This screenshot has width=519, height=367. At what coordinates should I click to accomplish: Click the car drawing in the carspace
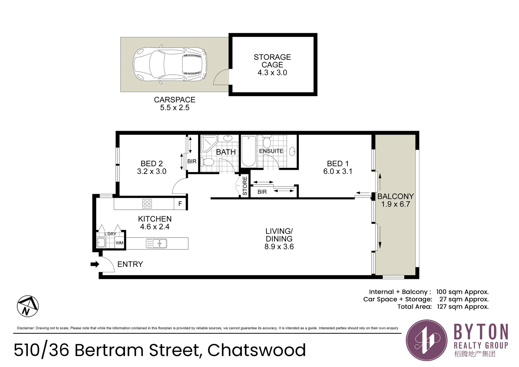[x=170, y=64]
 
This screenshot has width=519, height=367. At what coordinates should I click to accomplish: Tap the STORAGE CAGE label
[x=272, y=61]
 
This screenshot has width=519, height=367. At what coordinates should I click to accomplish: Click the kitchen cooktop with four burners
[x=147, y=204]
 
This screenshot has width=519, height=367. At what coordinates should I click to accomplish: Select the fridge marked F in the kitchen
[x=180, y=204]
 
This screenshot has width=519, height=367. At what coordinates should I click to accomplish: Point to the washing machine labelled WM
[x=119, y=243]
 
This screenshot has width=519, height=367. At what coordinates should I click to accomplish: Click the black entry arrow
[x=95, y=264]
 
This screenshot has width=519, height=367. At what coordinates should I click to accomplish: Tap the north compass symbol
[x=28, y=306]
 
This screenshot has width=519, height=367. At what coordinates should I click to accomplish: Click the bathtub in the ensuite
[x=249, y=151]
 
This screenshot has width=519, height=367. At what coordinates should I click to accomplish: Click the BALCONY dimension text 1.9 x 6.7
[x=395, y=204]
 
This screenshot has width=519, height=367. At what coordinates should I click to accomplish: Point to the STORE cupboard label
[x=245, y=186]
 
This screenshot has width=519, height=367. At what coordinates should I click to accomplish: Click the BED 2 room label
[x=151, y=164]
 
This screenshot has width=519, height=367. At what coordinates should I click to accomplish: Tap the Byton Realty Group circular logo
[x=427, y=340]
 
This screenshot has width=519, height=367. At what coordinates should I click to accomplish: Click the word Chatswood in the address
[x=256, y=350]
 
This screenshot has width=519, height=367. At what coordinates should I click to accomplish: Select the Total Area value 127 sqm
[x=463, y=307]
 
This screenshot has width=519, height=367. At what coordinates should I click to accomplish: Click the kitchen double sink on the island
[x=157, y=243]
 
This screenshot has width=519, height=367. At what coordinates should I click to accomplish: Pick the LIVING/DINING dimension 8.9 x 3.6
[x=279, y=247]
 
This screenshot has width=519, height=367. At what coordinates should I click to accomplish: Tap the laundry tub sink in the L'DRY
[x=101, y=243]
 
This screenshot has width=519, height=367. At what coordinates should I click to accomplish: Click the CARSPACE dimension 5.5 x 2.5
[x=175, y=108]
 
